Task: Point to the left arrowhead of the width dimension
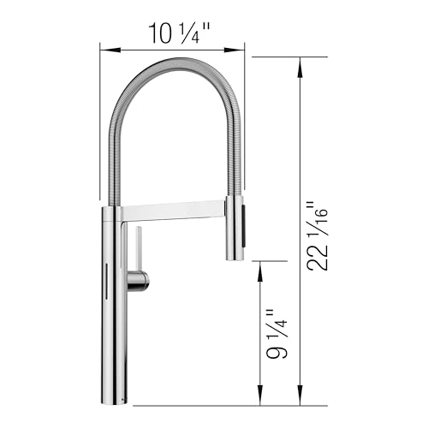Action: pos(103,50)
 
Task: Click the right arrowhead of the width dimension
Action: pos(244,50)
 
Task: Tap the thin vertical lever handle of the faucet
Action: pos(133,249)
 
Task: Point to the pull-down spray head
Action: pos(235,227)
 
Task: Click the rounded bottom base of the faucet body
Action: pos(115,398)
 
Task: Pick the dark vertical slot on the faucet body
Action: pos(106,282)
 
